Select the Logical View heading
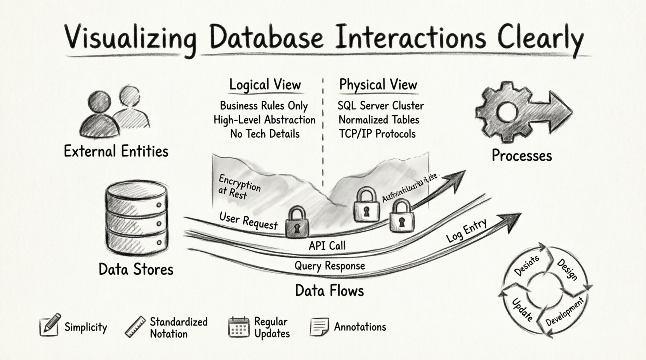(265, 85)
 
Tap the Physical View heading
(378, 85)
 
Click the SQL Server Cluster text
(380, 106)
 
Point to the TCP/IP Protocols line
(377, 134)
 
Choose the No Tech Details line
(265, 134)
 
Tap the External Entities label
(116, 151)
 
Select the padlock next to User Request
(297, 222)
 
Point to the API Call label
(327, 246)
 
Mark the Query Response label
(330, 266)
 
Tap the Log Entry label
(466, 230)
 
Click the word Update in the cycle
(522, 309)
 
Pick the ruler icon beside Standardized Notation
(135, 327)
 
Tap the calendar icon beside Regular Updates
(238, 327)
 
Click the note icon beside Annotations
(319, 327)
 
